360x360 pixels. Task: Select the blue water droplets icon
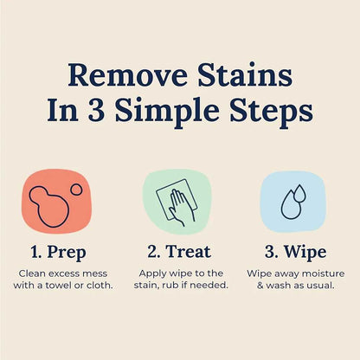292,201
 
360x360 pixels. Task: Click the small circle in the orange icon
76,189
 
